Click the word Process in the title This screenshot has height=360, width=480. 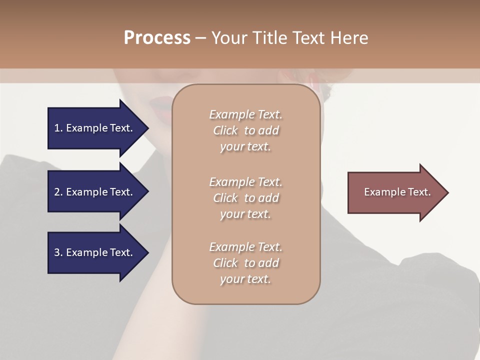[157, 38]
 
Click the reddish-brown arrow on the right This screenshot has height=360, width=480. [395, 192]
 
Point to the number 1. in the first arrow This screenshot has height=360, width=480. [58, 128]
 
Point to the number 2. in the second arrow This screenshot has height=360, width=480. [58, 192]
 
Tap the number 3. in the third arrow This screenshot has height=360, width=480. [58, 252]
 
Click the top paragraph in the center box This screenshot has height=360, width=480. [245, 130]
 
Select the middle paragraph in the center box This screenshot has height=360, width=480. [245, 197]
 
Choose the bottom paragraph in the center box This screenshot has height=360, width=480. [245, 263]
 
